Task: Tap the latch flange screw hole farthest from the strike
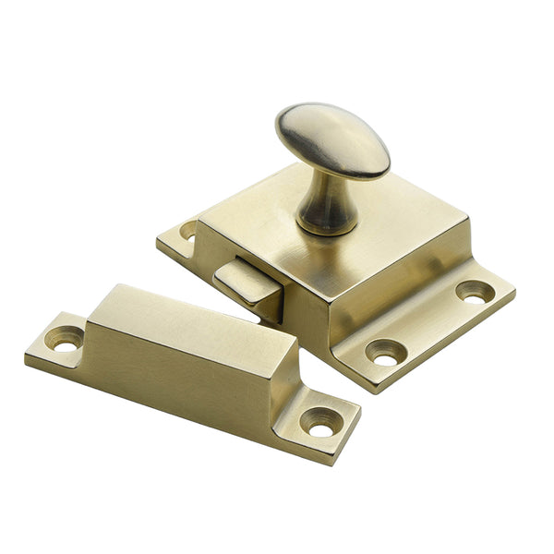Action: pos(475,293)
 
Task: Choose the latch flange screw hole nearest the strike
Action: pos(384,351)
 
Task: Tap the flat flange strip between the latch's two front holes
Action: pos(430,325)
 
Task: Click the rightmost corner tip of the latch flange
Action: pos(514,296)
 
